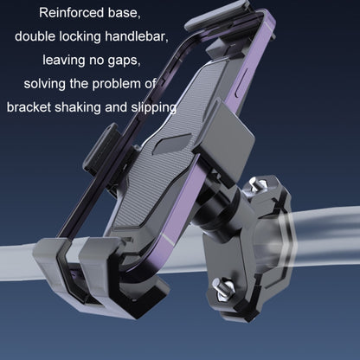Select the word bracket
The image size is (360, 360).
30,109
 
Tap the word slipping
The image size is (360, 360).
152,109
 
